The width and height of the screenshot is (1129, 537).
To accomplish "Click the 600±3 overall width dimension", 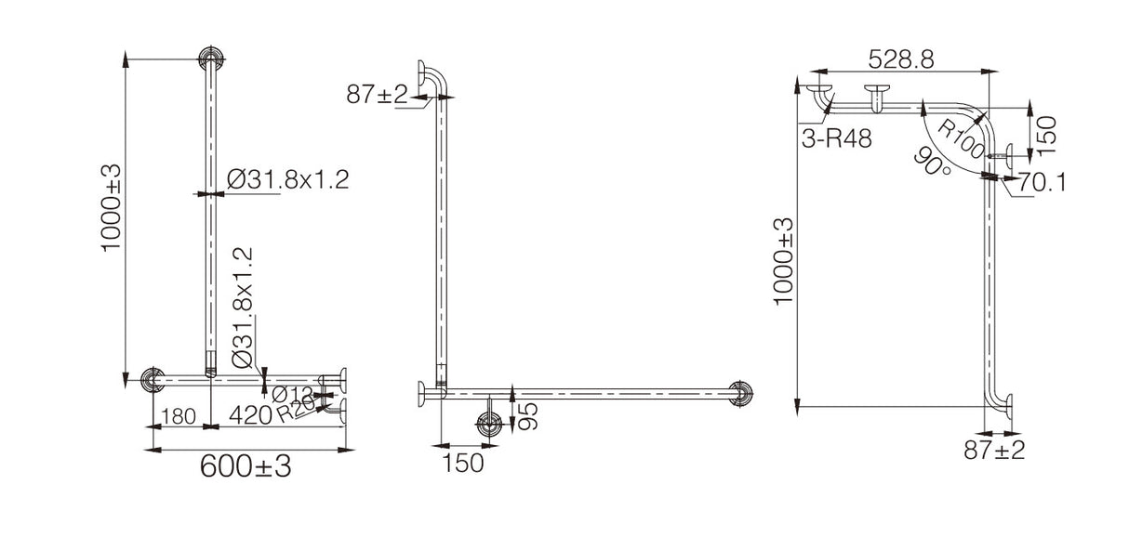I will (246, 467).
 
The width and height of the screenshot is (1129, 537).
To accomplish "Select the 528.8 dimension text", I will (900, 59).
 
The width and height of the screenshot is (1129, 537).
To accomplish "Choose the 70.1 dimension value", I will (1041, 183).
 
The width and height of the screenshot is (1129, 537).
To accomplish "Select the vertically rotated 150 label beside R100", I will (1046, 129).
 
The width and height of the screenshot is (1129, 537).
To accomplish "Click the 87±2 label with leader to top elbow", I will (377, 94).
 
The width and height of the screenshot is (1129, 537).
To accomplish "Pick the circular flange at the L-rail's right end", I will (741, 393).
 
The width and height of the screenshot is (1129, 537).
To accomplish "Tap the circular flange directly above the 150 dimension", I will (489, 425).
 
